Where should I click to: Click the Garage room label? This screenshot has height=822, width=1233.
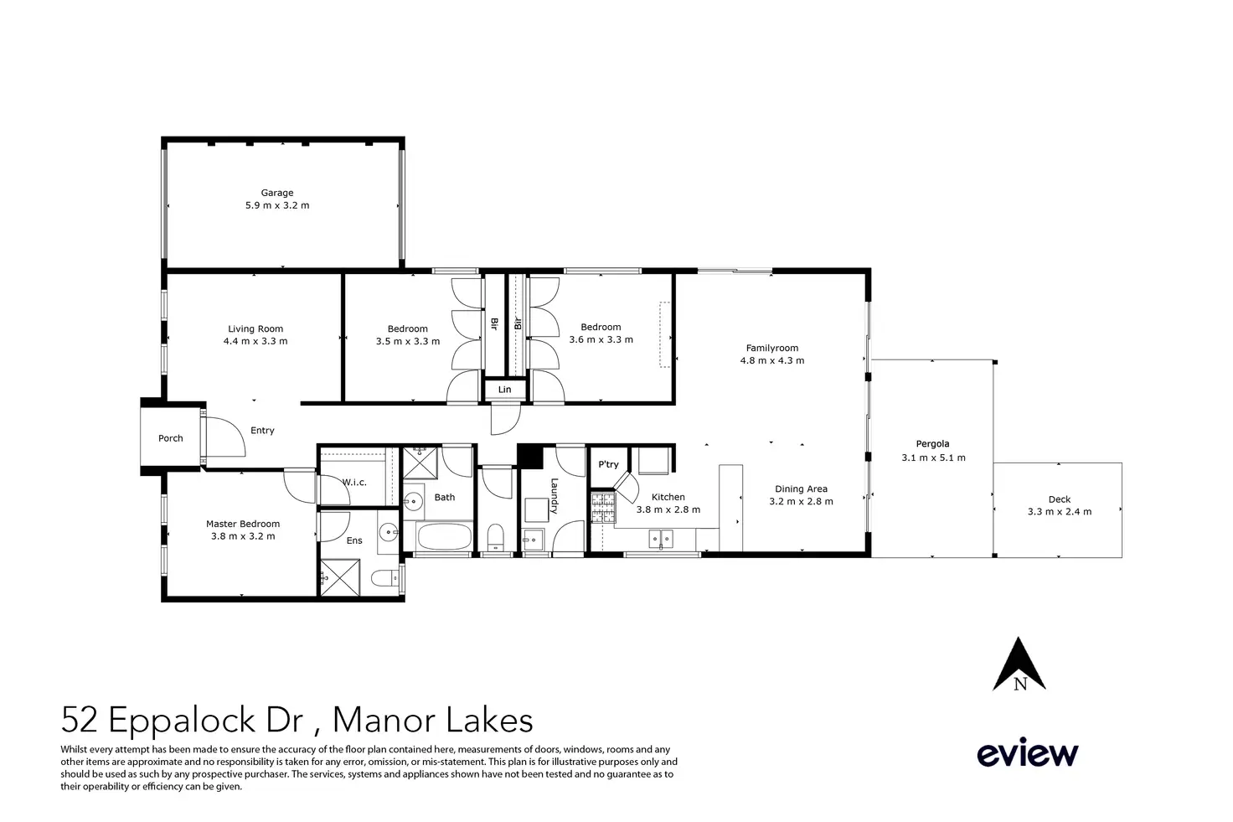point(277,193)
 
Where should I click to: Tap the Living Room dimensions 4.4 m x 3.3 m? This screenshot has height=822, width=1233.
point(255,341)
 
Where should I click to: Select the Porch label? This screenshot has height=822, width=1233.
point(171,438)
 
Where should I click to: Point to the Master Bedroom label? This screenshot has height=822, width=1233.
point(243,524)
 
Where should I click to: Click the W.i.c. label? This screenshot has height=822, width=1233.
point(354,483)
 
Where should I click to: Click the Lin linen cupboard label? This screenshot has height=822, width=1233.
point(505,390)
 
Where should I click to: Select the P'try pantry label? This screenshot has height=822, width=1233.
point(608,465)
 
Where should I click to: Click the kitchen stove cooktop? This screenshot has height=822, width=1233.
point(603,508)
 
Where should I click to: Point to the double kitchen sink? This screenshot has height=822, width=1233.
point(661,539)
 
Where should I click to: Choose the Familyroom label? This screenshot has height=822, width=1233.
point(771,348)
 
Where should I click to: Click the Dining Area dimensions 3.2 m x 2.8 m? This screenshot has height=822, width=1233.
point(801,502)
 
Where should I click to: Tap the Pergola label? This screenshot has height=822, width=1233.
point(932,444)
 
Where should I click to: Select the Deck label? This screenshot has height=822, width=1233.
point(1059,499)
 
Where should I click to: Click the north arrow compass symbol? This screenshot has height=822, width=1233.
point(1019,664)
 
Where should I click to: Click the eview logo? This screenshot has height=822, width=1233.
point(1028,752)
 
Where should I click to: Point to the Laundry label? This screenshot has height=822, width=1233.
point(554,495)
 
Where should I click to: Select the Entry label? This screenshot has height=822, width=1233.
point(262,431)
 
